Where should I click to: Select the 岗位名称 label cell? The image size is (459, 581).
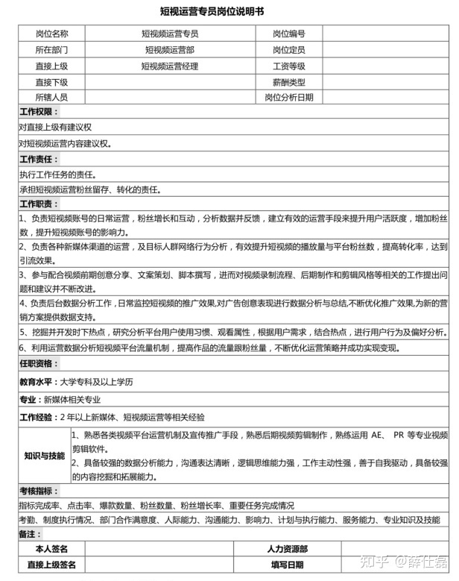pyautogui.click(x=51, y=34)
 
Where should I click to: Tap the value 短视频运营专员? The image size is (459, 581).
pyautogui.click(x=170, y=34)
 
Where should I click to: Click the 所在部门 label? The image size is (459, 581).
pyautogui.click(x=51, y=50)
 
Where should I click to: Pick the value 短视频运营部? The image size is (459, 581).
pyautogui.click(x=170, y=50)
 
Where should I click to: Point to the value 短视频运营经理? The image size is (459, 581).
pyautogui.click(x=170, y=66)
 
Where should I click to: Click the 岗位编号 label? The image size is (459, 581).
pyautogui.click(x=288, y=34)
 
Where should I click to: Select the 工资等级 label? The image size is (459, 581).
pyautogui.click(x=288, y=66)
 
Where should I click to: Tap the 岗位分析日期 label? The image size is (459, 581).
pyautogui.click(x=288, y=98)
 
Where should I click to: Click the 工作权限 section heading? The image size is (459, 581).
pyautogui.click(x=39, y=112)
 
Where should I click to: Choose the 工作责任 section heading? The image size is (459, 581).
pyautogui.click(x=39, y=160)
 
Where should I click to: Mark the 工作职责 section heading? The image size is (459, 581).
pyautogui.click(x=39, y=204)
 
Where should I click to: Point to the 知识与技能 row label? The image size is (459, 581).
pyautogui.click(x=44, y=455)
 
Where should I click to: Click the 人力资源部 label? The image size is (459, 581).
pyautogui.click(x=287, y=549)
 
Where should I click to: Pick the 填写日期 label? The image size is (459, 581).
pyautogui.click(x=287, y=565)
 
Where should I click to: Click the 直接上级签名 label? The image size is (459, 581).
pyautogui.click(x=51, y=565)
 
